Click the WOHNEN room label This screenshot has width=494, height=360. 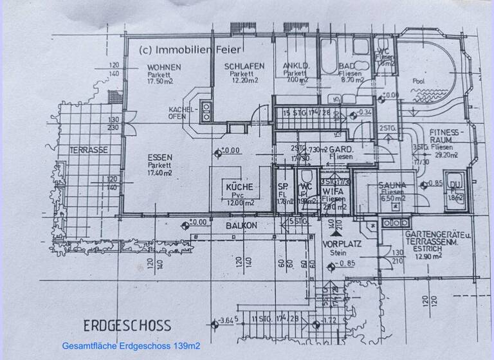tap(164, 67)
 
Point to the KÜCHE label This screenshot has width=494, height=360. tap(239, 187)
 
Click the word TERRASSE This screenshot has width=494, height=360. tap(88, 150)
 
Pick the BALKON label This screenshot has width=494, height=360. tap(241, 226)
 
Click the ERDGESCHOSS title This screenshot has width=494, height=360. tap(126, 325)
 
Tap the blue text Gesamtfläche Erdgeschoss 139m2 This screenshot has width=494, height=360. tap(131, 346)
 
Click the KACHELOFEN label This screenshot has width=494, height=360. tap(181, 113)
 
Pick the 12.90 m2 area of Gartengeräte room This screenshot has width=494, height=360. tap(428, 256)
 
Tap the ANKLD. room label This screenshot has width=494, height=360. tap(296, 66)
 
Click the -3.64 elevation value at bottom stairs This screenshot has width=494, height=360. tap(226, 319)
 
